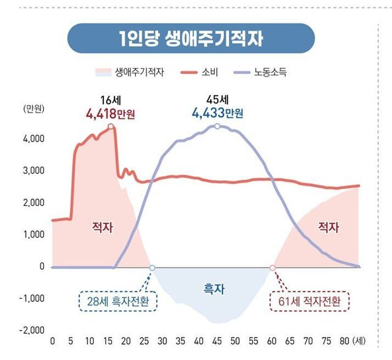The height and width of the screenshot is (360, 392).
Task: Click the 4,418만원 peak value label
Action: tap(111, 113)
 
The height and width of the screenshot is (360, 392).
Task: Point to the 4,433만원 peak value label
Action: tap(217, 113)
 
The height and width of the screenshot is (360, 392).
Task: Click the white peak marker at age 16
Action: tap(111, 127)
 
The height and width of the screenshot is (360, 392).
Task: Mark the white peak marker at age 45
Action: tap(217, 126)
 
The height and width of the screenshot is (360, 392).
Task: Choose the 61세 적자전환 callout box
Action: tap(309, 301)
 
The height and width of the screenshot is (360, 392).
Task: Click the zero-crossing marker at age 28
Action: tap(152, 268)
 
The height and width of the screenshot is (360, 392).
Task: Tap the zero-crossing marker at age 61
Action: tap(273, 268)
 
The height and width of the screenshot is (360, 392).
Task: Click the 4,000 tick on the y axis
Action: tap(34, 139)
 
